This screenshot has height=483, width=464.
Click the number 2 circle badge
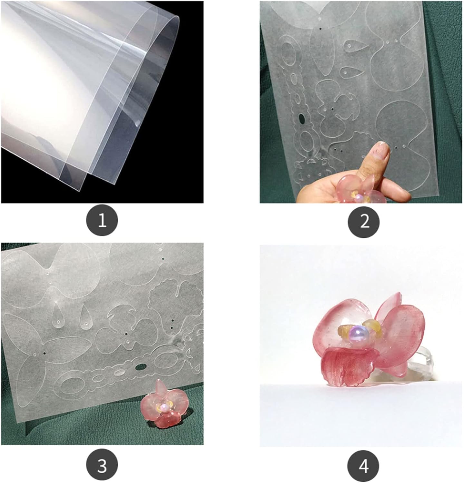coord(364,222)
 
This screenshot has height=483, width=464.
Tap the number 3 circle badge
coord(102,466)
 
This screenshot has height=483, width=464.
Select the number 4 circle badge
coord(364,466)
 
